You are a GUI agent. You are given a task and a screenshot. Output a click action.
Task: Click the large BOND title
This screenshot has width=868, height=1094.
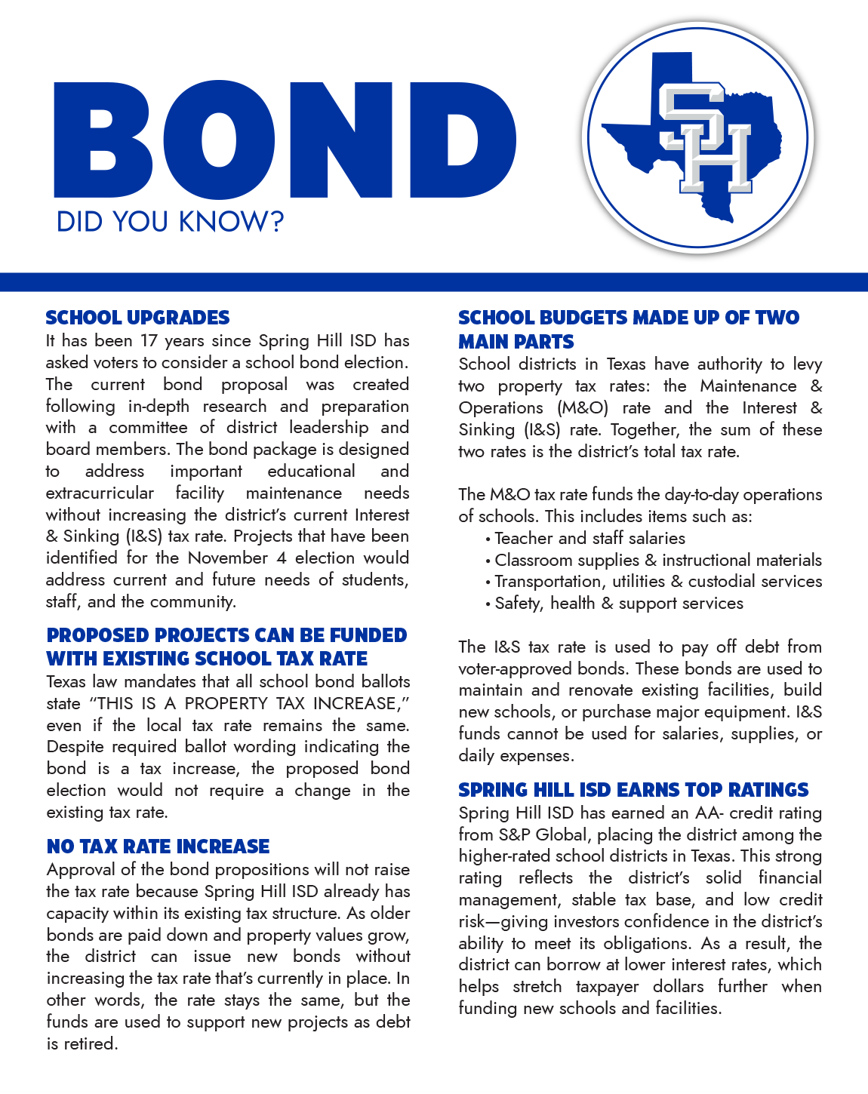285,140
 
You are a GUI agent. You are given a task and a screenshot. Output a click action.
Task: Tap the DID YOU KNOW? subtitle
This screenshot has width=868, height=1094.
170,222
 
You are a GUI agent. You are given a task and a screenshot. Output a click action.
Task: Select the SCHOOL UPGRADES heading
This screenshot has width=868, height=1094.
137,318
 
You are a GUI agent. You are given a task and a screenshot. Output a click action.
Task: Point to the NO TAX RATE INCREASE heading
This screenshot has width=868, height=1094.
158,847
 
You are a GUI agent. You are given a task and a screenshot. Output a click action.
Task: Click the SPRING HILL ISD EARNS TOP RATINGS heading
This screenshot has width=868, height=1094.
633,790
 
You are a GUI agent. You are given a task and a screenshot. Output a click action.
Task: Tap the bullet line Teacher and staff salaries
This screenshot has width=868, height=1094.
589,539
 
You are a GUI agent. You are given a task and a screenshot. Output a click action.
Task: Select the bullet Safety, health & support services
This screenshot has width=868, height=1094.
618,604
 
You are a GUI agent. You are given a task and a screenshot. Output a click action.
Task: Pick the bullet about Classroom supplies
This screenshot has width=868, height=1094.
657,561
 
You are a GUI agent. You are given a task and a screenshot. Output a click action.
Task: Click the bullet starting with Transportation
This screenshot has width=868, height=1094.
657,582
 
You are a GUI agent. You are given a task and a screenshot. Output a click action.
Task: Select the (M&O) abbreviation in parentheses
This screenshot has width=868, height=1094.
583,408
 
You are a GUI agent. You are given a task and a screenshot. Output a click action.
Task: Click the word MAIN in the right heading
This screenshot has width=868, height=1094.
485,342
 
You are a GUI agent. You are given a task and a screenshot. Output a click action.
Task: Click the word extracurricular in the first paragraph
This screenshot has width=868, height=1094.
100,493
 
